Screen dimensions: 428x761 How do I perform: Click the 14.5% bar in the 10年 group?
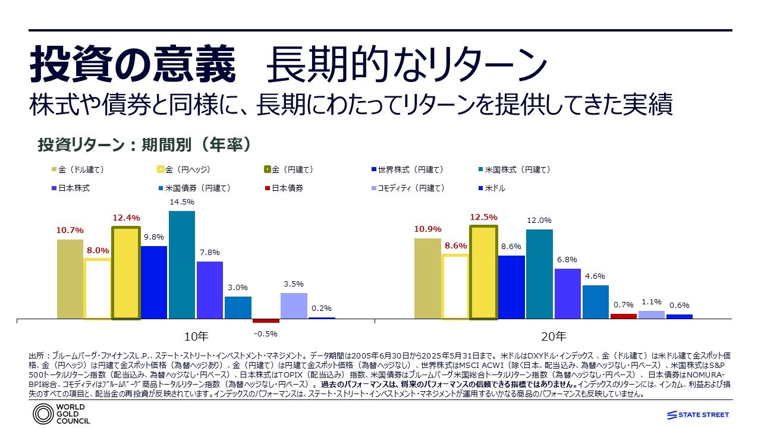tap(182, 265)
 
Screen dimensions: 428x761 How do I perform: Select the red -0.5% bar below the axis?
tap(266, 321)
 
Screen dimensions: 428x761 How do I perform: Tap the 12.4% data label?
tap(126, 217)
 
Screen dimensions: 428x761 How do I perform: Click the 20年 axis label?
tap(554, 335)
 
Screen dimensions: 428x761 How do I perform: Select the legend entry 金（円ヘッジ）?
tap(184, 169)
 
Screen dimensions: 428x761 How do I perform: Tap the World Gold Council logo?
tap(62, 414)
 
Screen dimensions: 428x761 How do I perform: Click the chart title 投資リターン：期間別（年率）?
tap(143, 145)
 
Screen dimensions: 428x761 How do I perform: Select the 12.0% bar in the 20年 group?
tap(539, 274)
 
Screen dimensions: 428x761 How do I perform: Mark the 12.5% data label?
tap(484, 217)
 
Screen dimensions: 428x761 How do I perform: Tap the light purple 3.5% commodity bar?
tap(294, 306)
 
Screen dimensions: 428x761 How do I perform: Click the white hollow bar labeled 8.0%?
tap(98, 289)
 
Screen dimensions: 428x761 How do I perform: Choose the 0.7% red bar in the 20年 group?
tap(623, 316)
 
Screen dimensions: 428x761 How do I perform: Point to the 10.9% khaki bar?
tap(427, 278)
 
